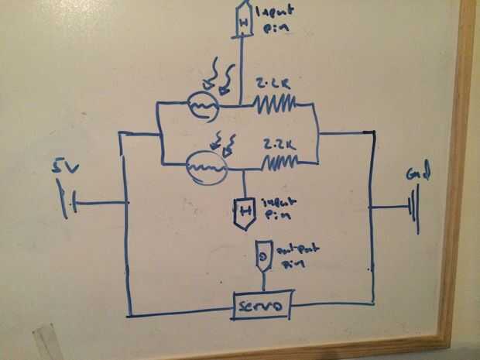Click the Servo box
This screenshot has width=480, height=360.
pos(262,307)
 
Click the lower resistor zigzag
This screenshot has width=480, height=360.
pos(281,163)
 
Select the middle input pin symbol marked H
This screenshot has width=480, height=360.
pos(245,209)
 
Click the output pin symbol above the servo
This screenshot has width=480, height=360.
pos(262,254)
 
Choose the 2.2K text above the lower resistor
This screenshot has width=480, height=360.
pos(276,142)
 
